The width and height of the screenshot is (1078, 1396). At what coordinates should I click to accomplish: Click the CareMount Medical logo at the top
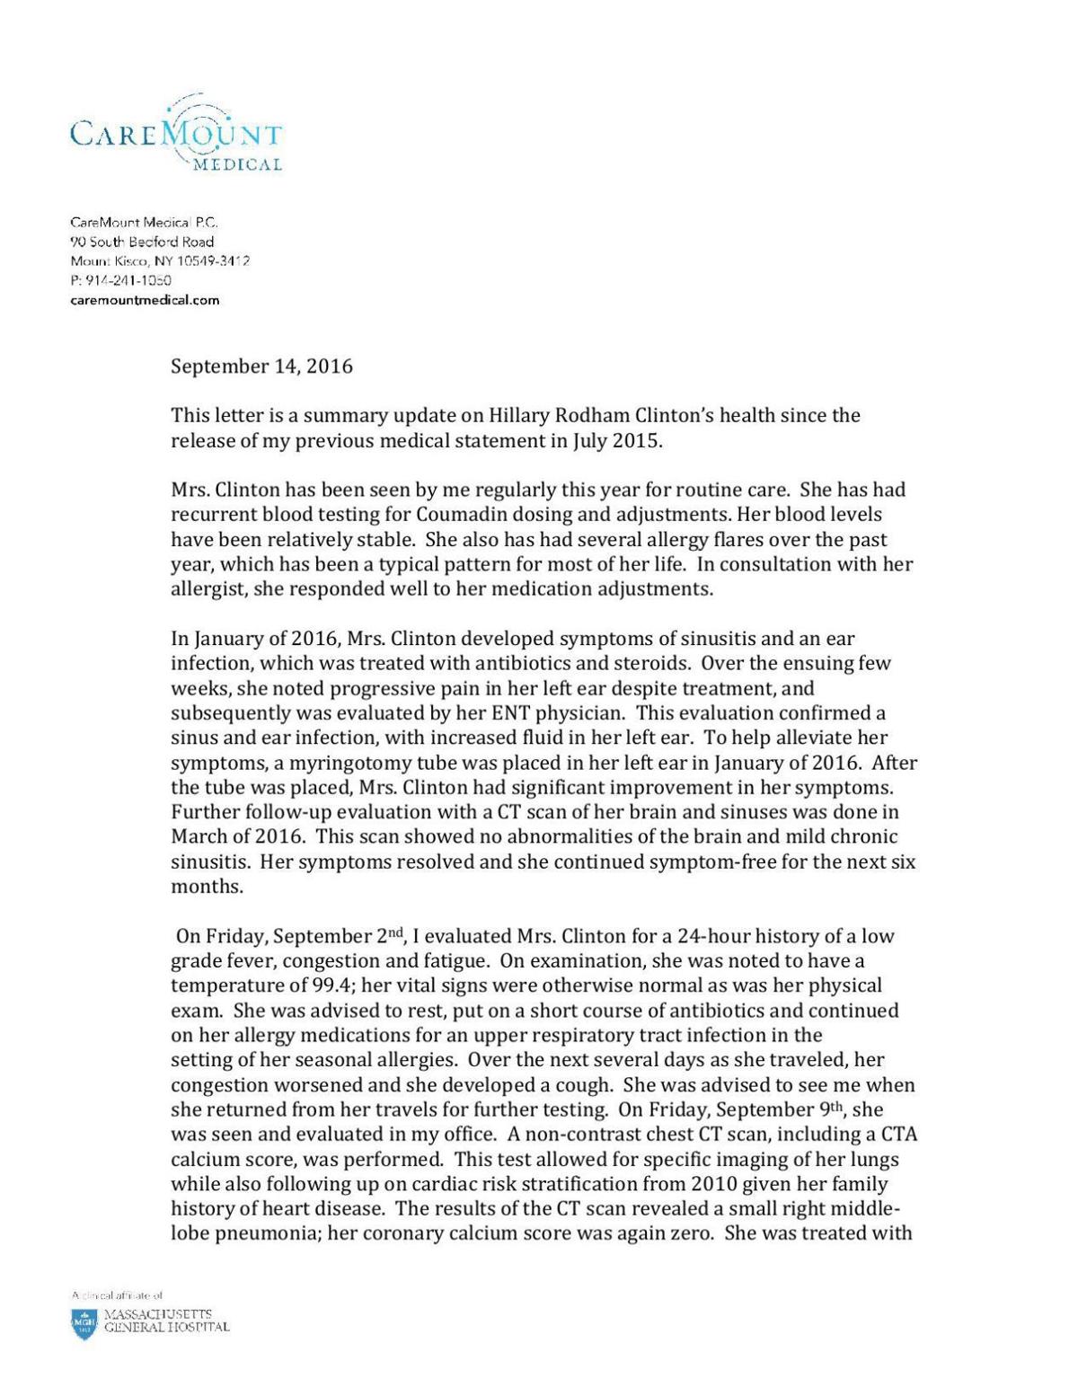tap(176, 135)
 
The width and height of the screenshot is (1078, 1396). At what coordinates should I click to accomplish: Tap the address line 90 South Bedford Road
tap(142, 241)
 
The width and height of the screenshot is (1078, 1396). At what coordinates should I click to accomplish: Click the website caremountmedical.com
tap(145, 300)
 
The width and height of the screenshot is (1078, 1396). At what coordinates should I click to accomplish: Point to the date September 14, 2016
tap(261, 367)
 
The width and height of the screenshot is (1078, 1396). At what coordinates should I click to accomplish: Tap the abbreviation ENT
tap(557, 713)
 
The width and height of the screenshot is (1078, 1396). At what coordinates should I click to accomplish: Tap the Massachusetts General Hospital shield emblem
tap(84, 1324)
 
